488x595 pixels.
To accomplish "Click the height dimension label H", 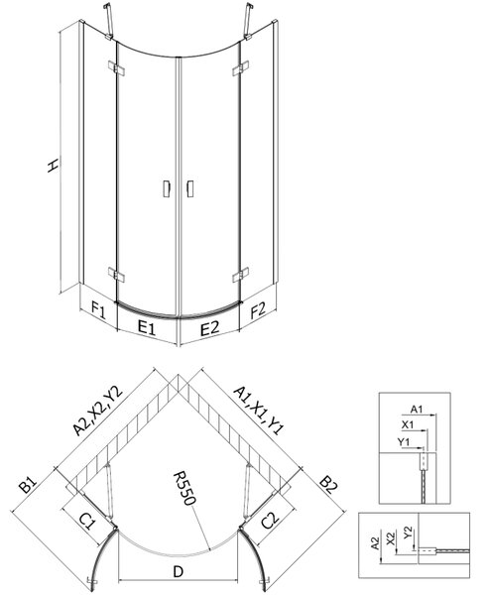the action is pyautogui.click(x=54, y=166).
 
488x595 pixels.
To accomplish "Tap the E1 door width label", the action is pyautogui.click(x=147, y=327).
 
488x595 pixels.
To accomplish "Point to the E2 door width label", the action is pyautogui.click(x=210, y=328).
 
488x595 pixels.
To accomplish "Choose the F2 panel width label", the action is pyautogui.click(x=258, y=309).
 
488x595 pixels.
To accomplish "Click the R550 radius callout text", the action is pyautogui.click(x=184, y=488).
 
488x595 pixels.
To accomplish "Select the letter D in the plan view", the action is pyautogui.click(x=178, y=571).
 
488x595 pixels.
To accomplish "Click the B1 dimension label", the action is pyautogui.click(x=28, y=485).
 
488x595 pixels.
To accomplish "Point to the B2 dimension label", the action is pyautogui.click(x=328, y=485).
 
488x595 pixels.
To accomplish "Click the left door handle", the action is pyautogui.click(x=167, y=188).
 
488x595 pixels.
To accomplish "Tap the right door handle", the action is pyautogui.click(x=190, y=188).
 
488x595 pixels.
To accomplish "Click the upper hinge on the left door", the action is pyautogui.click(x=116, y=67).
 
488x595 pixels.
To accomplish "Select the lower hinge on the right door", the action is pyautogui.click(x=241, y=275).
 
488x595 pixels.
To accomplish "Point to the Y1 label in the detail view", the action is pyautogui.click(x=404, y=441).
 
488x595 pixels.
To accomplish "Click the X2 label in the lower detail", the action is pyautogui.click(x=390, y=538).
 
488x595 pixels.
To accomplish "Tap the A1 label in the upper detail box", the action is pyautogui.click(x=417, y=409).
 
